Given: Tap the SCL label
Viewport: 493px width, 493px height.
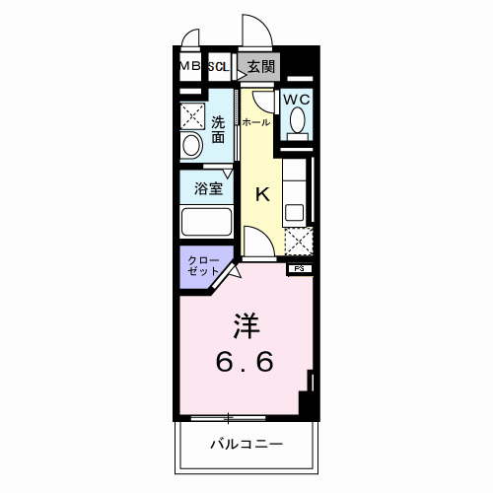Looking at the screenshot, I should pos(217,67).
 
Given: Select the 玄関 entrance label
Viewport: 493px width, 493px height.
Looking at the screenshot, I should pos(261,67).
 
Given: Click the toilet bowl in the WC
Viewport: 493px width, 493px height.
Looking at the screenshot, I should pos(296,122).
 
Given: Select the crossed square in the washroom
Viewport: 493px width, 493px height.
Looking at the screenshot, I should pos(191,113).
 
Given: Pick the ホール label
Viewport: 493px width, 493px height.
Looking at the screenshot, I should pos(255,122).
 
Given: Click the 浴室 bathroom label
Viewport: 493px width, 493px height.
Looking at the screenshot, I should pos(208,187).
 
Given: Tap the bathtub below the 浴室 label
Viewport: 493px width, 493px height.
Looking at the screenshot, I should pos(206,221).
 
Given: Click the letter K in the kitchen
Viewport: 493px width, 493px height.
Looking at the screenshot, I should pos(263,193).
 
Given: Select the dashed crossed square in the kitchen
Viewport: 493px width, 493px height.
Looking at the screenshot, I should pos(299,241).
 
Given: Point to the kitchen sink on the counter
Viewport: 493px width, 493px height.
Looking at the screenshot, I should pos(293,210).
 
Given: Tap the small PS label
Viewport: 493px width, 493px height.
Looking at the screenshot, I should pos(297,267).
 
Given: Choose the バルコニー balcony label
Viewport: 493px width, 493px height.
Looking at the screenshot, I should pos(246,445).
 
